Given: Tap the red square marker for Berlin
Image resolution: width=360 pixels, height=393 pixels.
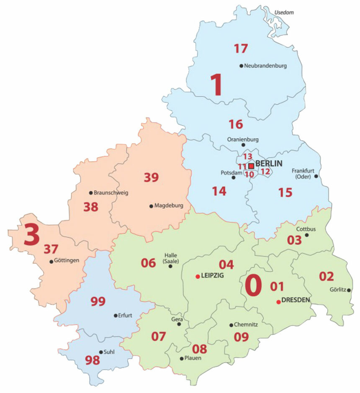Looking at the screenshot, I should pyautogui.click(x=251, y=165).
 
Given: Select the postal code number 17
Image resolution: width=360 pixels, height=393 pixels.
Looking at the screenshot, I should pyautogui.click(x=241, y=49).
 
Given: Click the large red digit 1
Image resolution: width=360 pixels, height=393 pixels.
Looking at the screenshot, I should pyautogui.click(x=216, y=85).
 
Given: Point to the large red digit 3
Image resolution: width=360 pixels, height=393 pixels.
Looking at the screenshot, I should pyautogui.click(x=31, y=234).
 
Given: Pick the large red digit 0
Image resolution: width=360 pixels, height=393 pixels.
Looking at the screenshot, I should pyautogui.click(x=253, y=285).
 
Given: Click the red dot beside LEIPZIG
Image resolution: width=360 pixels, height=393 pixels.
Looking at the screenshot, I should pyautogui.click(x=198, y=276).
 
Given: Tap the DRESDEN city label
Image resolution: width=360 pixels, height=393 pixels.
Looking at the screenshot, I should pyautogui.click(x=296, y=300).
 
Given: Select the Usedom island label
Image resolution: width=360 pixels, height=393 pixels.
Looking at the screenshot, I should pyautogui.click(x=284, y=13).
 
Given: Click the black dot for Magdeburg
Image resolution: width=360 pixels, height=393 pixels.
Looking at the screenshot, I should pyautogui.click(x=151, y=206).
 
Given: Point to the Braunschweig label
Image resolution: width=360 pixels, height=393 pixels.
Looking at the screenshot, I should pyautogui.click(x=111, y=193).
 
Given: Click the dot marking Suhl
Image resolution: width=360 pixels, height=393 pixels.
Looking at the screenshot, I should pyautogui.click(x=101, y=352).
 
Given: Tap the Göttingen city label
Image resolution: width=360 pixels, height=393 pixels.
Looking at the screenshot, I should pyautogui.click(x=67, y=261).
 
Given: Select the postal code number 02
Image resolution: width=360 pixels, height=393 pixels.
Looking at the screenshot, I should pyautogui.click(x=327, y=276).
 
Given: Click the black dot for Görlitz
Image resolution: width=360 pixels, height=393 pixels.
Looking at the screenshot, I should pyautogui.click(x=349, y=290).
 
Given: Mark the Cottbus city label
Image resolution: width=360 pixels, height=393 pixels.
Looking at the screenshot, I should pyautogui.click(x=306, y=229).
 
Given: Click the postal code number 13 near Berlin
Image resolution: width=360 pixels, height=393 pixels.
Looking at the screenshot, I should pyautogui.click(x=248, y=157).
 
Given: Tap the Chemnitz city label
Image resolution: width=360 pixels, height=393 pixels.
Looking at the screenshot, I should pyautogui.click(x=246, y=324).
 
